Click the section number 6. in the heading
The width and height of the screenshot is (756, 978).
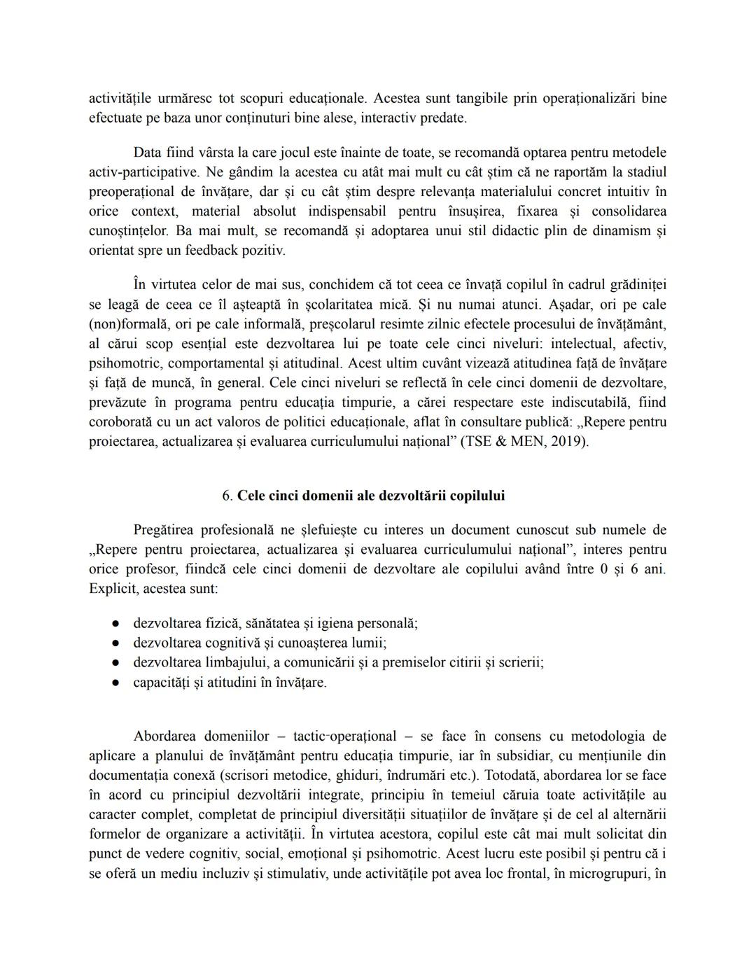coord(227,496)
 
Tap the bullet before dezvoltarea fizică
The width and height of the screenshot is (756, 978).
coord(117,623)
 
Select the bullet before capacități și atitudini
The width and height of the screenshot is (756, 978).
coord(117,682)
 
